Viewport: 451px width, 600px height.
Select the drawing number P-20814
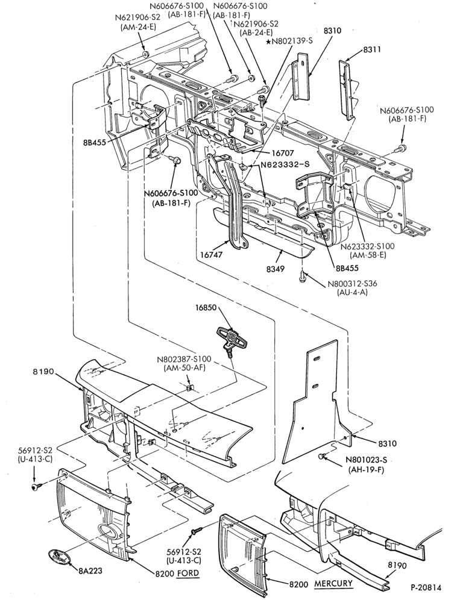426,587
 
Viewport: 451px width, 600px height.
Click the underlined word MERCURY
333,584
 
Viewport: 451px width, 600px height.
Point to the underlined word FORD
188,573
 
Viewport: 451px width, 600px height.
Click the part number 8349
276,269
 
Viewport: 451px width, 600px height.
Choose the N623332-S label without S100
285,165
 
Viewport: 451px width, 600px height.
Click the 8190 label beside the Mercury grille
397,565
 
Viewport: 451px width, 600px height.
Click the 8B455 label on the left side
94,144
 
